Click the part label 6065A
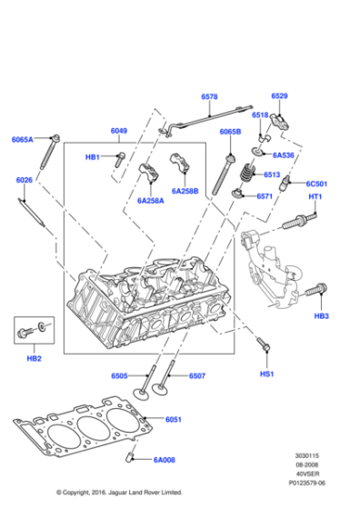22,139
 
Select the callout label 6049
119,131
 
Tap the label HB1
93,157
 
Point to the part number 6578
209,96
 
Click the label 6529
279,96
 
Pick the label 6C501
315,184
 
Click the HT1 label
315,198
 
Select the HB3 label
321,315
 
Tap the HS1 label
266,373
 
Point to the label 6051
174,419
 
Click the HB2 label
34,359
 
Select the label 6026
25,180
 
